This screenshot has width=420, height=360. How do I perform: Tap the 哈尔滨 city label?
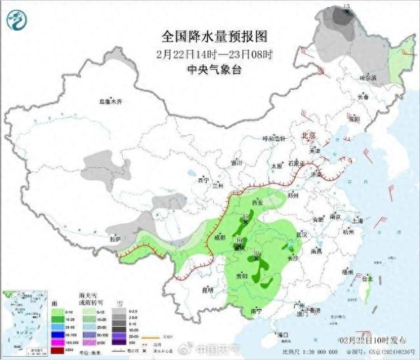pos(369,77)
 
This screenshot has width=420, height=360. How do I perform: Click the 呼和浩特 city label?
pos(275,138)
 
